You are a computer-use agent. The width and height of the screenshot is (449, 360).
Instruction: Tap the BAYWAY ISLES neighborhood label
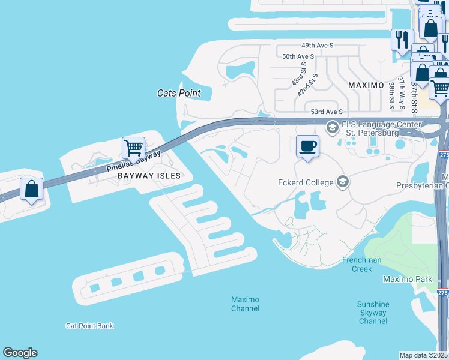(x=149, y=176)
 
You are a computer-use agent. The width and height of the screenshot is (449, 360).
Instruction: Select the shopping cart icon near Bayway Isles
(x=133, y=147)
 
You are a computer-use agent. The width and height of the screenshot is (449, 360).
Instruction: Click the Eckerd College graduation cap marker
(x=343, y=181)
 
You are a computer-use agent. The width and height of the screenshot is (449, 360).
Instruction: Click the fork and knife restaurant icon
(x=400, y=40)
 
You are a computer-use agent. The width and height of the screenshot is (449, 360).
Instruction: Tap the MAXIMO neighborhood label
(x=366, y=85)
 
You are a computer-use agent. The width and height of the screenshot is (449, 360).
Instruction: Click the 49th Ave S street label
(x=317, y=46)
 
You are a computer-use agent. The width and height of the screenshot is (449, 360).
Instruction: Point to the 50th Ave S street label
(x=298, y=56)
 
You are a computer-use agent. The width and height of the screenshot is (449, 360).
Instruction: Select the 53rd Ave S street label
(x=327, y=112)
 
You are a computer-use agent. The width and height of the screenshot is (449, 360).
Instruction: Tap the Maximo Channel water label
(x=246, y=304)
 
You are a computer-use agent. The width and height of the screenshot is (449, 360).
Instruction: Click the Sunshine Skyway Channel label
(x=373, y=313)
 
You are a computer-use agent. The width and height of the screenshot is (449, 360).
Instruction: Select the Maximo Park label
(x=408, y=280)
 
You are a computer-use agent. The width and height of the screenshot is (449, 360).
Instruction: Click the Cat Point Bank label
(x=89, y=326)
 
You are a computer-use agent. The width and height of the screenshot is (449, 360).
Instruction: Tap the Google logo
(x=20, y=353)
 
